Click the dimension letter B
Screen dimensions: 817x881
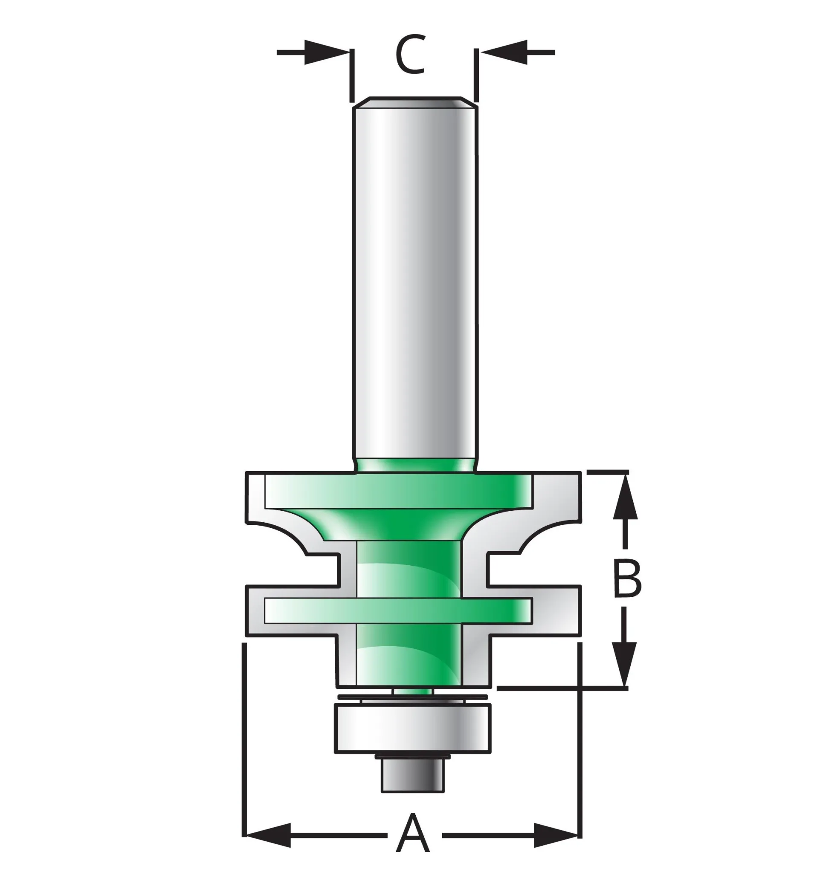pyautogui.click(x=627, y=579)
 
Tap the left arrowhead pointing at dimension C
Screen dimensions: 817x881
pyautogui.click(x=327, y=52)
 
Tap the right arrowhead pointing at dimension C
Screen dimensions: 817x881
pyautogui.click(x=504, y=52)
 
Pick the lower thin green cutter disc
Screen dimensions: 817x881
pyautogui.click(x=398, y=611)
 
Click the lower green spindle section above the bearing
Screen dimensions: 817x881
pyautogui.click(x=408, y=658)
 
